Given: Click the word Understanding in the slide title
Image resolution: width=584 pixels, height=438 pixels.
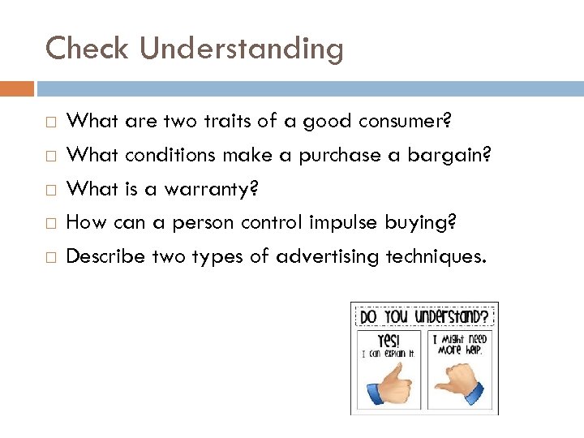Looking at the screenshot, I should coord(241,49).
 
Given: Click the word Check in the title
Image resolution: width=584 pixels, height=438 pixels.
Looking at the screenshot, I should coord(88,48).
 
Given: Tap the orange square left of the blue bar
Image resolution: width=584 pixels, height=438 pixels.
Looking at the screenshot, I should coord(17,88).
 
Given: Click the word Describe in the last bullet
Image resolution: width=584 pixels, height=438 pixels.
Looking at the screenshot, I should coord(109,256).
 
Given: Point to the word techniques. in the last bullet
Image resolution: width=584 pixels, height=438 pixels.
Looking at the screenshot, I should coord(436,256).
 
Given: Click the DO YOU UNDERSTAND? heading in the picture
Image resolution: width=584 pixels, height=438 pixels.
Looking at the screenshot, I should coord(423,315).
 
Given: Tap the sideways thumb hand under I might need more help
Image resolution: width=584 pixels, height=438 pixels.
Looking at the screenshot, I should coord(457,383).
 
